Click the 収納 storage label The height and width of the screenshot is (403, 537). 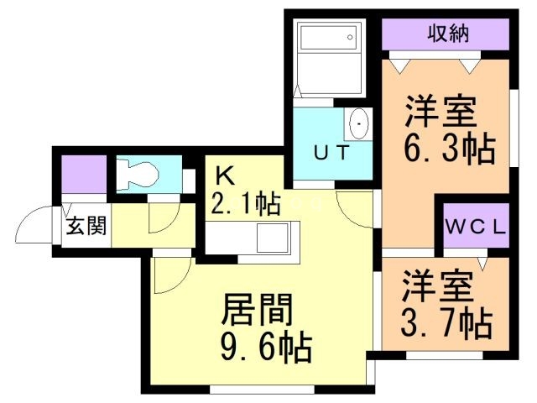point(447,34)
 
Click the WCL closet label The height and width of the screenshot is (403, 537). point(475,226)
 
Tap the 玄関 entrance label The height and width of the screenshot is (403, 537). point(86,227)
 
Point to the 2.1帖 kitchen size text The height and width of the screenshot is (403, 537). point(246,204)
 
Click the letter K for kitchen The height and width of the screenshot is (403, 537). point(223,175)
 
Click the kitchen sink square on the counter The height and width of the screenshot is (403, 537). point(273,238)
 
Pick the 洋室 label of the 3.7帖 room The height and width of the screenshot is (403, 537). point(436,285)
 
